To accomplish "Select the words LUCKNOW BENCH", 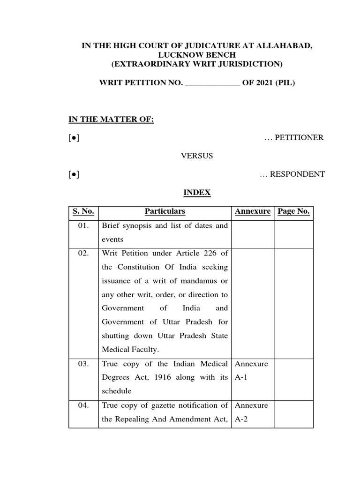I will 197,54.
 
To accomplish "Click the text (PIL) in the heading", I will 285,84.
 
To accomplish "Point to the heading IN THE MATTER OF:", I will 111,120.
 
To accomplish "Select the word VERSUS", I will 197,156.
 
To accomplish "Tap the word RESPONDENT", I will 299,174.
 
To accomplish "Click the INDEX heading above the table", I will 197,193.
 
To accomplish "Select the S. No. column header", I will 83,211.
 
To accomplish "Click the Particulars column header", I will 165,211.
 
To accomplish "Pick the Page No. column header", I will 293,211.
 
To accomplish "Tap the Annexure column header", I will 252,211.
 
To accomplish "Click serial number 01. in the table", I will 83,225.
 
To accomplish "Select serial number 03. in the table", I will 83,364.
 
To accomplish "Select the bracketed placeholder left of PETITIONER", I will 73,138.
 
